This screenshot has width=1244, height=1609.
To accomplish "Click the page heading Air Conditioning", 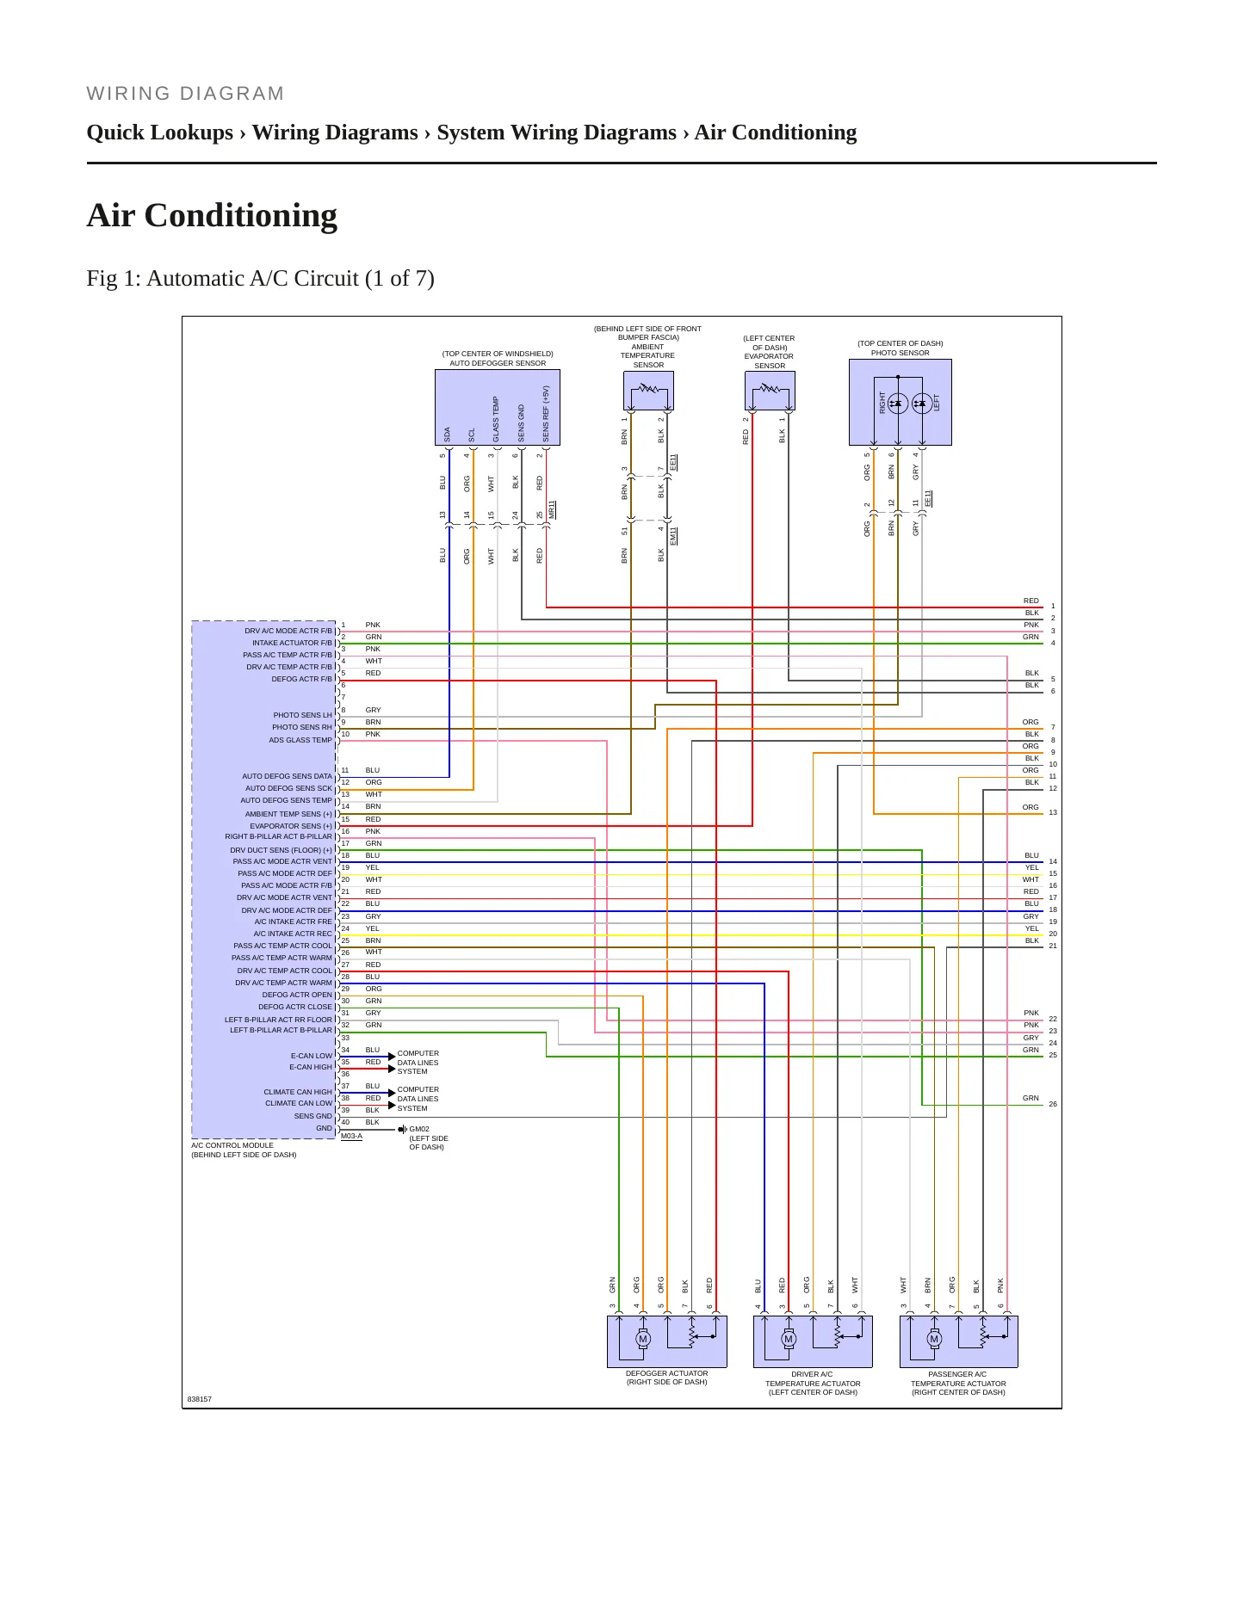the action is click(x=212, y=215).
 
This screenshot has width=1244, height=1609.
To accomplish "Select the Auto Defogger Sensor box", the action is click(x=498, y=408).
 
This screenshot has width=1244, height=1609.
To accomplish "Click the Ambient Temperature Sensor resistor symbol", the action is click(x=648, y=390).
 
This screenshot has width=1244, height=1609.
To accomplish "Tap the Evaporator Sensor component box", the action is click(x=770, y=391).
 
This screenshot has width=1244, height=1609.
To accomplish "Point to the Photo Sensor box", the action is click(x=901, y=402).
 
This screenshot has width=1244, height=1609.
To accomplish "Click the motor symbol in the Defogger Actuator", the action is click(x=643, y=1339).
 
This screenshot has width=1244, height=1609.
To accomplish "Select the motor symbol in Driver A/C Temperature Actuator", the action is click(x=789, y=1339).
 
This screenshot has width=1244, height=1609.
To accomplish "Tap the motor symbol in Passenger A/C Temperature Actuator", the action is click(x=934, y=1339).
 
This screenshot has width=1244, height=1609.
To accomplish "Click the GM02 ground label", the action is click(x=419, y=1129).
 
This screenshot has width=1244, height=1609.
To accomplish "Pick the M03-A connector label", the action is click(x=351, y=1136).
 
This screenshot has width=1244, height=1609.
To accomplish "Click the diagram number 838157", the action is click(x=200, y=1399).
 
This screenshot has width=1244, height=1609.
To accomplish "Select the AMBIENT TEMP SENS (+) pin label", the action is click(x=288, y=814).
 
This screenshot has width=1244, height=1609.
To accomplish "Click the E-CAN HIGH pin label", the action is click(x=311, y=1067).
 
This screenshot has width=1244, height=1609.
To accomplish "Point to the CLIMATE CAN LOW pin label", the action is click(x=299, y=1103).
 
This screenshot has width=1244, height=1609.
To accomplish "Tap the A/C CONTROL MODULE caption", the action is click(x=232, y=1145).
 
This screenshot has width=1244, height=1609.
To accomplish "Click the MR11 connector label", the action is click(x=552, y=509).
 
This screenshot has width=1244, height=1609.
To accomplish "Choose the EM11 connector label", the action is click(x=673, y=535).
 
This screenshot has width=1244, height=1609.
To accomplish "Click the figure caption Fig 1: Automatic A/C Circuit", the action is click(x=260, y=279).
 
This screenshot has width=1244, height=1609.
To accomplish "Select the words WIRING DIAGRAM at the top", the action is click(x=185, y=94).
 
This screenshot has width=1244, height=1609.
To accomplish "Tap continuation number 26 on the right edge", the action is click(x=1053, y=1104).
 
